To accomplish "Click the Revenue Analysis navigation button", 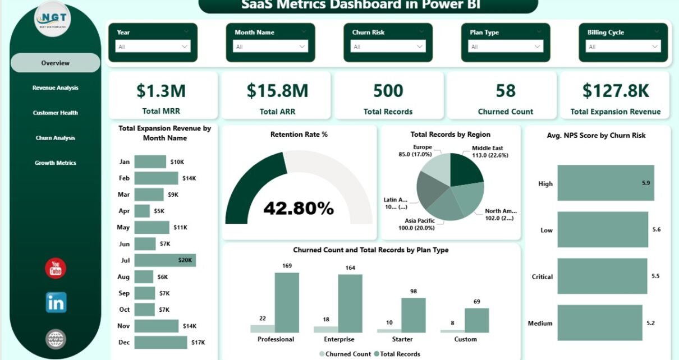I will click(56, 88).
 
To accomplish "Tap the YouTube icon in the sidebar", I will click(56, 269).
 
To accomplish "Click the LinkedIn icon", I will click(56, 302).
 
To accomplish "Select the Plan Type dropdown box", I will click(506, 47).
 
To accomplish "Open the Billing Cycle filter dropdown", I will click(623, 47).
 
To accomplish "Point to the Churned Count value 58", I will click(506, 91).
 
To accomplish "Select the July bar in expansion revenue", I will click(165, 260).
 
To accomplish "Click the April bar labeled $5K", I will click(143, 211).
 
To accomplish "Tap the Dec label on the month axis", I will click(125, 342).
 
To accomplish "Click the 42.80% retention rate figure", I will click(299, 209).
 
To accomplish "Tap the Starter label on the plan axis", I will click(402, 339).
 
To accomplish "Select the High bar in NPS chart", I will click(605, 183).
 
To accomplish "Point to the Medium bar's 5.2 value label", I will click(652, 323).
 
